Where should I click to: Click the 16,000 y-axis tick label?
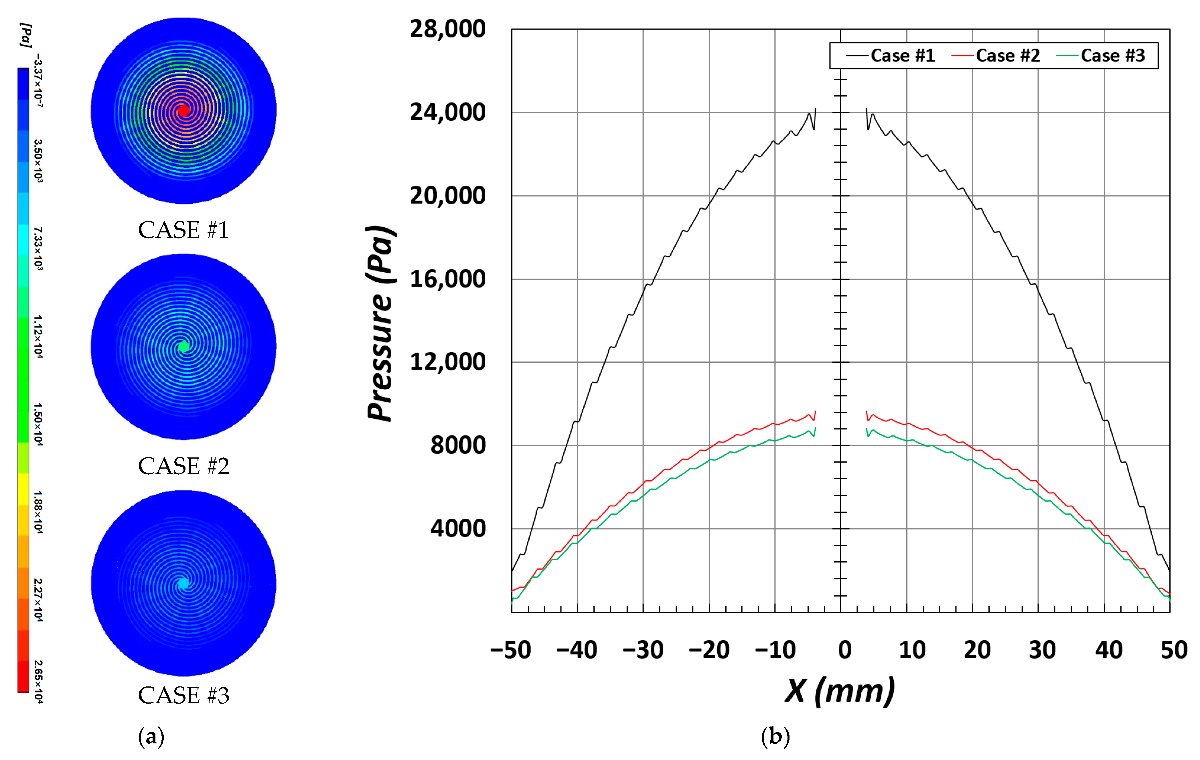[447, 279]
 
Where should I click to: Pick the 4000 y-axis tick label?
[457, 528]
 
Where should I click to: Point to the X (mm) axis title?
[840, 692]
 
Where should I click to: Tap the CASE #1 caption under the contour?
[183, 230]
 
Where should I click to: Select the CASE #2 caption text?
[183, 467]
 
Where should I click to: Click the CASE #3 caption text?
[183, 695]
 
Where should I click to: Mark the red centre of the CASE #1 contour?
[183, 110]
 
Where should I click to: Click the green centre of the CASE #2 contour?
[183, 346]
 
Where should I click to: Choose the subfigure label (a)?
[151, 737]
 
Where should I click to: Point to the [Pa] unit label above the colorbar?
[26, 35]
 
